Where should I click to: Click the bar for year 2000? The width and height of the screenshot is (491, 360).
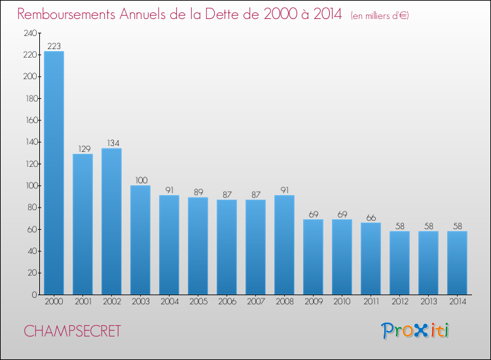click(x=54, y=173)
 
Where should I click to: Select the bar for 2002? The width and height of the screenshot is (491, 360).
click(x=111, y=221)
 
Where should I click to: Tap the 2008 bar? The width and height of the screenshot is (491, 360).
click(x=284, y=245)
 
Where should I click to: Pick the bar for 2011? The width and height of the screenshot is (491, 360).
click(x=371, y=259)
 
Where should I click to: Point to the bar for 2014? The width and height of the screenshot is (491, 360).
click(x=457, y=263)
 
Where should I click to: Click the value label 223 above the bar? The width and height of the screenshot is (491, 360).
click(x=54, y=46)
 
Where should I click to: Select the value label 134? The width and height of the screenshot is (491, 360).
click(x=113, y=143)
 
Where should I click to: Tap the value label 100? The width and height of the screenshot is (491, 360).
click(x=141, y=180)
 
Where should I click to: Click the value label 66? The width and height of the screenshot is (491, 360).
click(x=371, y=217)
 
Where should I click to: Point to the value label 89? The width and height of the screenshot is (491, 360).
click(x=198, y=192)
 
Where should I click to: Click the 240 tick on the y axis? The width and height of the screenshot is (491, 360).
click(x=30, y=33)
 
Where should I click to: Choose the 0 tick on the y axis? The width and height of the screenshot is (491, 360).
click(x=35, y=295)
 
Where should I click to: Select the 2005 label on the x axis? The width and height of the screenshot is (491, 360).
click(x=198, y=301)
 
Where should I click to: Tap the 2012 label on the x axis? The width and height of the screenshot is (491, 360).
click(x=400, y=301)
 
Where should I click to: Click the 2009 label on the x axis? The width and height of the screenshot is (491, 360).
click(x=314, y=301)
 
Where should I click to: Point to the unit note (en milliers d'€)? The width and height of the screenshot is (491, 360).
click(x=380, y=15)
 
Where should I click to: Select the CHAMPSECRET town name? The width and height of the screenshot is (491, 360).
click(x=72, y=331)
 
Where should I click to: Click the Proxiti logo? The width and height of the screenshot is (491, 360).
click(x=415, y=331)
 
